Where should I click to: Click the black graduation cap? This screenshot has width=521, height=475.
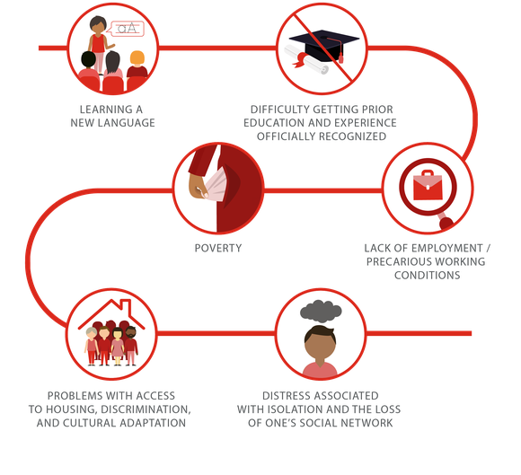324,46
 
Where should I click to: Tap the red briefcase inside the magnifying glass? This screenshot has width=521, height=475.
428,186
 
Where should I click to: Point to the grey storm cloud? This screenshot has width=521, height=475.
321,312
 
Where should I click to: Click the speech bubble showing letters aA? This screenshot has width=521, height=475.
127,29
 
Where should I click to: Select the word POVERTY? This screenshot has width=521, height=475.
218,248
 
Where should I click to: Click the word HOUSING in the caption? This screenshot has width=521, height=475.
72,409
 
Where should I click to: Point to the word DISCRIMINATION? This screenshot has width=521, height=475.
146,409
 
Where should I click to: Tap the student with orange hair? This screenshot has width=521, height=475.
137,65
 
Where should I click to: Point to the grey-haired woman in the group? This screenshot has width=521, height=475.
91,346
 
